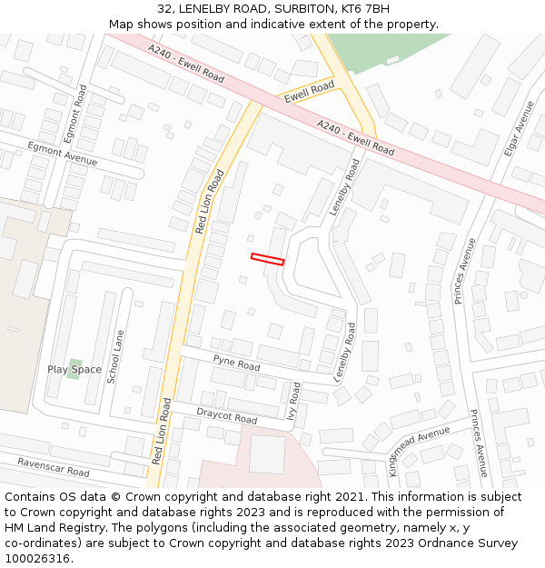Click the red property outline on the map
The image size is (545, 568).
(267, 259)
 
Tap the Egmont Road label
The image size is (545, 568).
(83, 107)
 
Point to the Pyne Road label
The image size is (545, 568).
(236, 362)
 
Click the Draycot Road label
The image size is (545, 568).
(226, 415)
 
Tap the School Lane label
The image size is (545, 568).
(115, 356)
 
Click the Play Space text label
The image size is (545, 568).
(74, 370)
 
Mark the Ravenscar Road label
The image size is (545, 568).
(53, 467)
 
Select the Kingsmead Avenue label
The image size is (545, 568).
(419, 450)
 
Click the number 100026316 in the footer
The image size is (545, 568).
(39, 558)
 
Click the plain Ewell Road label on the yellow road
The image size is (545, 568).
(309, 92)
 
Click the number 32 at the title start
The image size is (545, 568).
(164, 9)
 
